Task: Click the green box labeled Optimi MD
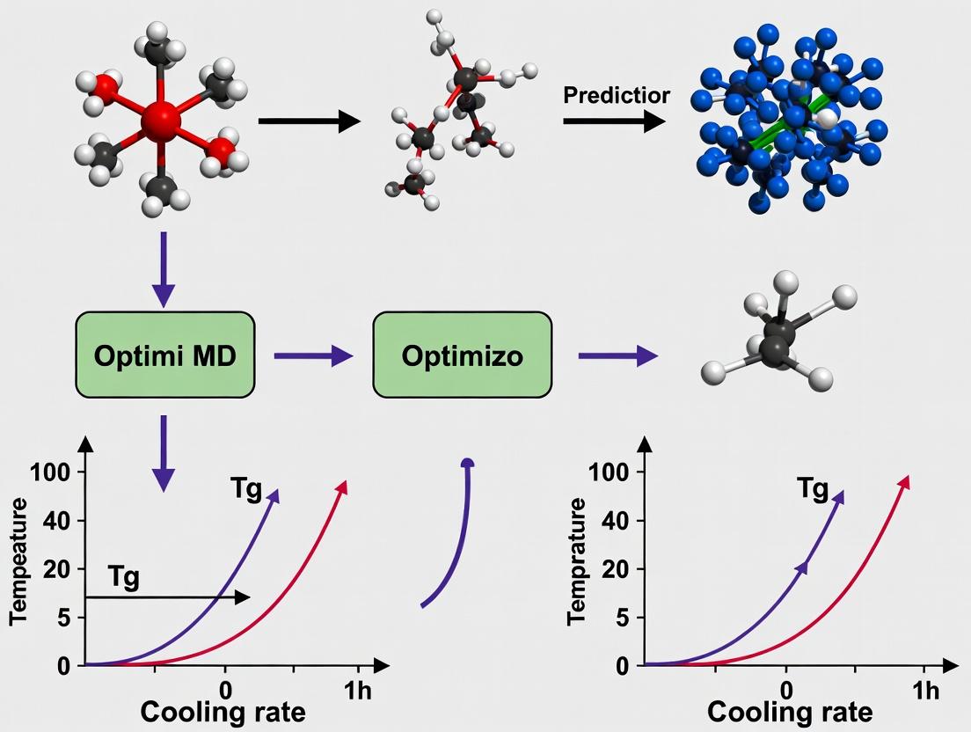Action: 164,356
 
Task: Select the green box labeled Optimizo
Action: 463,356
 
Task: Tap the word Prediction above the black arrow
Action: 616,95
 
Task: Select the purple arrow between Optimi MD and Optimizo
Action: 312,356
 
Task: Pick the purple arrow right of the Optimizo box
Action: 617,356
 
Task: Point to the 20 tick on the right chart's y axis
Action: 615,569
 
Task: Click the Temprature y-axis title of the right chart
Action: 578,561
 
